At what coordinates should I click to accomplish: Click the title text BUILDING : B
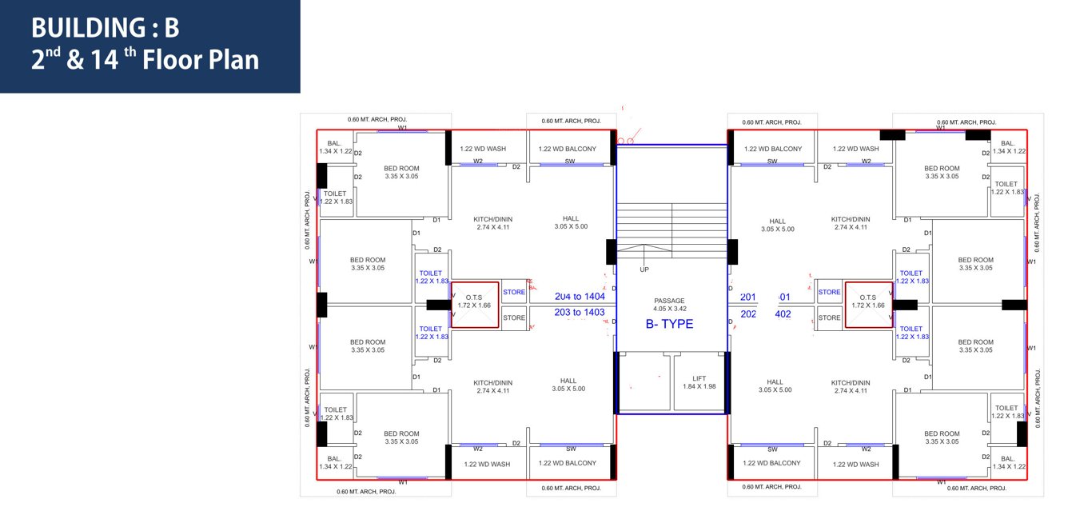tap(105, 28)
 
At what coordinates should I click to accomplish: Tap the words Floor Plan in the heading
tap(201, 61)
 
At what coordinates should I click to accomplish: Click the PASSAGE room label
tap(669, 301)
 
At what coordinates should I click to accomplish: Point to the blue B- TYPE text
tap(669, 324)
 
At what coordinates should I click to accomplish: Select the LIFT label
tap(699, 379)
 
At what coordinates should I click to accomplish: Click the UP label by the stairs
tap(644, 269)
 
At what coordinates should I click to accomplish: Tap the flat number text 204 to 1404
tap(580, 297)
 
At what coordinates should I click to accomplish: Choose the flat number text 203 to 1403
tap(580, 313)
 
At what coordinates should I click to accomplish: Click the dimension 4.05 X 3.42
tap(669, 309)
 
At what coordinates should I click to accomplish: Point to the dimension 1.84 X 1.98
tap(699, 387)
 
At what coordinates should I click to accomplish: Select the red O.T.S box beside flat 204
tap(475, 305)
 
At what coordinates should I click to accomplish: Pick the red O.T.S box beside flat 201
tap(869, 305)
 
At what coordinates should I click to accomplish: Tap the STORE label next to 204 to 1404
tap(514, 293)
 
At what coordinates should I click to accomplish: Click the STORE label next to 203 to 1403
tap(514, 318)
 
